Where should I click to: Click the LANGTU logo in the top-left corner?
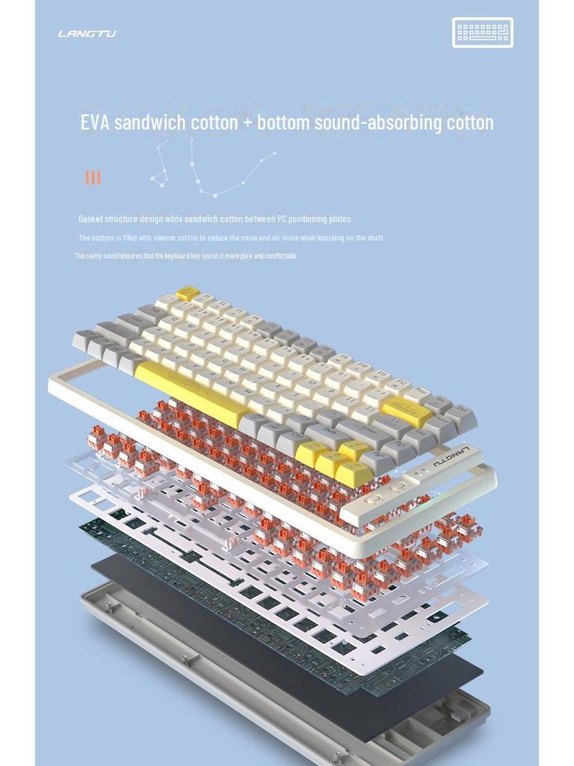(87, 34)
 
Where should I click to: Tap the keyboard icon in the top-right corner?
(482, 32)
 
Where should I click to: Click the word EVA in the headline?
(95, 122)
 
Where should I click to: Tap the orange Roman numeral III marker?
(93, 177)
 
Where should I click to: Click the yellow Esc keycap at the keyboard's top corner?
(188, 292)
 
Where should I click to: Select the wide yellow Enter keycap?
(407, 411)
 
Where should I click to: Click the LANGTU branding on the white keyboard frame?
(451, 454)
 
